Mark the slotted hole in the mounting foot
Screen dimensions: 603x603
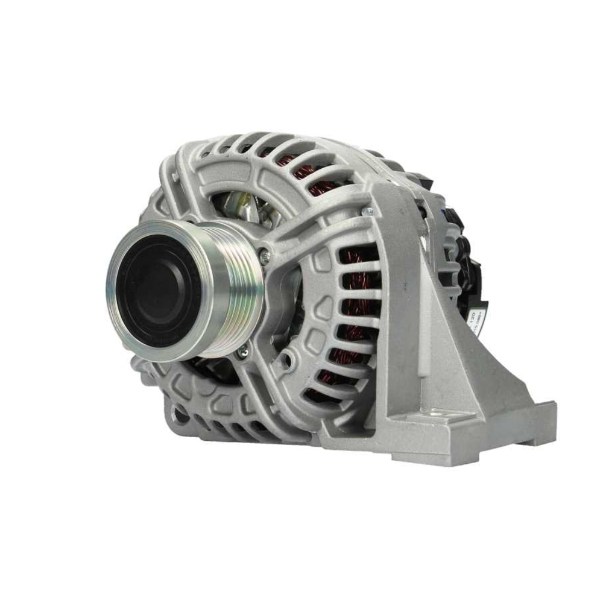[x=438, y=415]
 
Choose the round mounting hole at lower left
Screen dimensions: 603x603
[x=179, y=414]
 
